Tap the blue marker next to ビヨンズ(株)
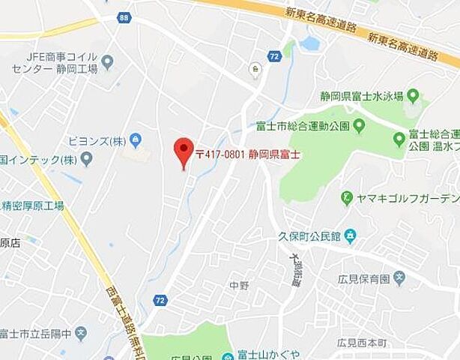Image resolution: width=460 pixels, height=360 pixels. (136, 139)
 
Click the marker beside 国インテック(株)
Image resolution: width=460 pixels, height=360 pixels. (86, 158)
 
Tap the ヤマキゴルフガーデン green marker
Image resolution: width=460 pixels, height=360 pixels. (347, 199)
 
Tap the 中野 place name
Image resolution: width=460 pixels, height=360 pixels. (239, 285)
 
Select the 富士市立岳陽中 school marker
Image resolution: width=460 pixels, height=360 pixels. (81, 331)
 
